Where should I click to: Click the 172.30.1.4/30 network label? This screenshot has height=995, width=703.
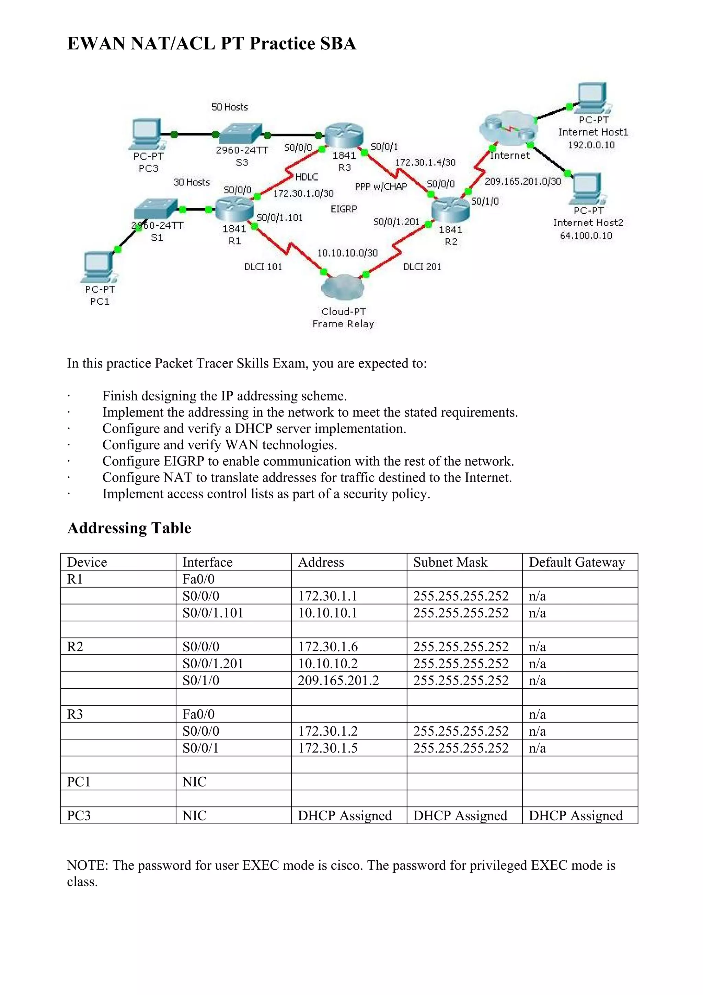tap(425, 162)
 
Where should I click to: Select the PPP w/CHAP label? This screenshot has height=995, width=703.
tap(381, 187)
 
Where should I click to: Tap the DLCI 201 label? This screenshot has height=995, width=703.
tap(422, 267)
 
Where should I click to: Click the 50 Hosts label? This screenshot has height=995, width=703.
tap(230, 107)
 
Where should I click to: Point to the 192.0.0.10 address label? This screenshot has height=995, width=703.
tap(591, 145)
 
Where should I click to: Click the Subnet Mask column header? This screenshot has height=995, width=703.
tap(450, 562)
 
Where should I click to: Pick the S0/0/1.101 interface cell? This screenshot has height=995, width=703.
tap(213, 613)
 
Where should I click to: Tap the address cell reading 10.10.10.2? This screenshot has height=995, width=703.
tap(327, 664)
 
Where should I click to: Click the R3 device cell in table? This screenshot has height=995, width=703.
tap(75, 714)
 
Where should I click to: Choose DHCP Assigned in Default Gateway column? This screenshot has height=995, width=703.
tap(575, 816)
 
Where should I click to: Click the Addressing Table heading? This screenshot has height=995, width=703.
tap(129, 528)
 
